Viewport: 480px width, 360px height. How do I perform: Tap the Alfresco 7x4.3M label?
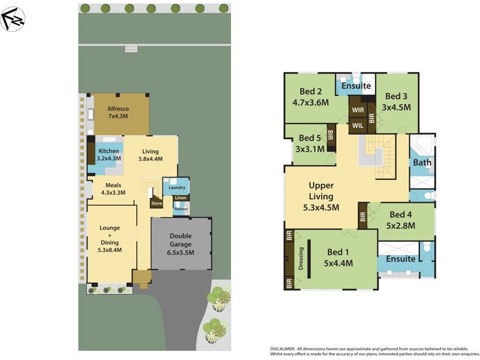(118, 113)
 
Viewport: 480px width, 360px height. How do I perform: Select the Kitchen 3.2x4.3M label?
(109, 155)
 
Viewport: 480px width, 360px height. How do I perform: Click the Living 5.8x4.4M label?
(150, 155)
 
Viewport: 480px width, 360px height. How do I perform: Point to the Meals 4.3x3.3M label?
(113, 189)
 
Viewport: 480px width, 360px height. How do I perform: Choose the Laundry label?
(177, 188)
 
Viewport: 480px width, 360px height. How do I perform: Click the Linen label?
(181, 198)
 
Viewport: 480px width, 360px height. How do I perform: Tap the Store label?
(157, 203)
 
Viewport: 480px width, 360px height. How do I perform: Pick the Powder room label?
(181, 209)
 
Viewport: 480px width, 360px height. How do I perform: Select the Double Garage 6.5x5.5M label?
(180, 244)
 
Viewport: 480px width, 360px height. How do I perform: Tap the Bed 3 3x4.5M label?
(397, 101)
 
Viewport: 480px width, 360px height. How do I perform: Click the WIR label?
(358, 110)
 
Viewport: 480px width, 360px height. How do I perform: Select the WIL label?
(358, 125)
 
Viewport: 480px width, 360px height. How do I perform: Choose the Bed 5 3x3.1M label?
(310, 143)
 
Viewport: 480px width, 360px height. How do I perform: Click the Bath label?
(422, 163)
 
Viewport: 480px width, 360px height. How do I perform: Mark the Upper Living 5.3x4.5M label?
(321, 197)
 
